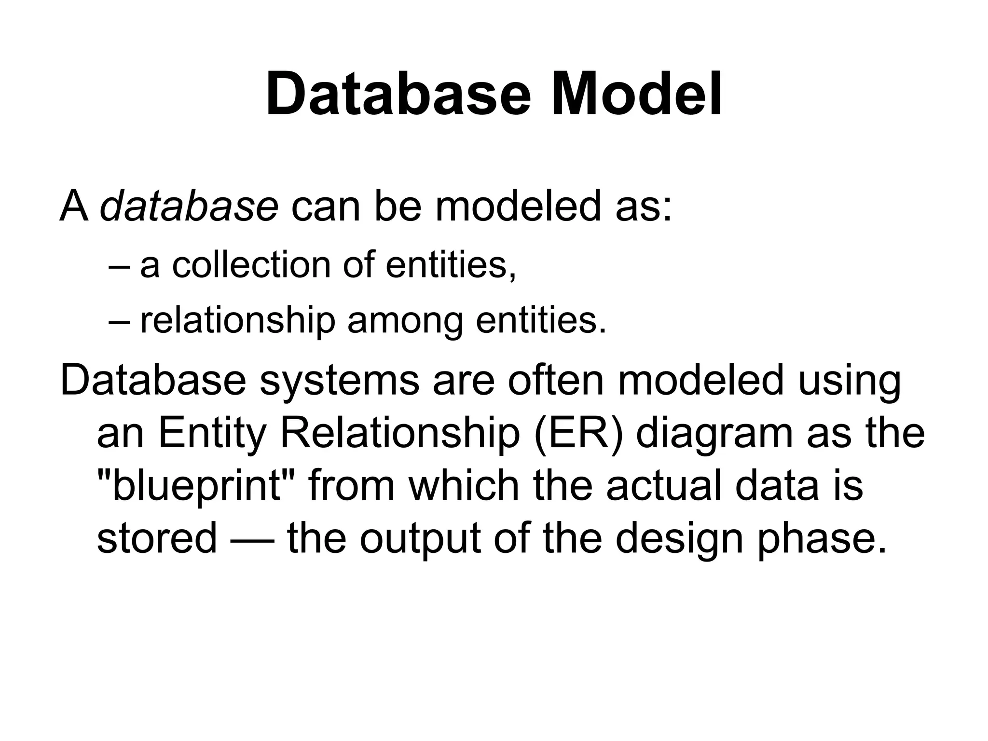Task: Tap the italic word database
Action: click(189, 206)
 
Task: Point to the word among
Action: click(405, 321)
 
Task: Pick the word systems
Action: click(339, 381)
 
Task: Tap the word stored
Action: click(157, 538)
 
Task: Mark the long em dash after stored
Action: click(252, 539)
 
